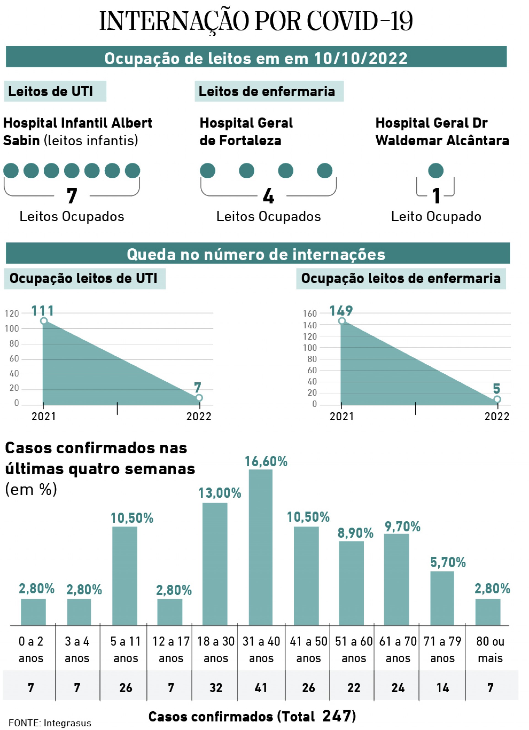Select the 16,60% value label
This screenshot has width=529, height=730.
(x=266, y=462)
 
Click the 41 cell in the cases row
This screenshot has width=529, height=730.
(x=261, y=688)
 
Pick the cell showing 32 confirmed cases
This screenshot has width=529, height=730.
(x=215, y=688)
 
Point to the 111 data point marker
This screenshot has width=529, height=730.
(x=44, y=321)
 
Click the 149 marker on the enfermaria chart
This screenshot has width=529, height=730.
(x=342, y=321)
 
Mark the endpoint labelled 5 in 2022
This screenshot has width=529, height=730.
(x=497, y=399)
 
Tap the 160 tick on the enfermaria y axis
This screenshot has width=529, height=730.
(x=310, y=314)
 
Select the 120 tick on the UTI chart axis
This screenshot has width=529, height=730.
(x=12, y=314)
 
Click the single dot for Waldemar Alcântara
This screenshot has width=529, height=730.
(x=436, y=170)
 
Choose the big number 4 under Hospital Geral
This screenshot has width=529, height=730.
(x=268, y=196)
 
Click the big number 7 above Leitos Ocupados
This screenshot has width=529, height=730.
(x=72, y=196)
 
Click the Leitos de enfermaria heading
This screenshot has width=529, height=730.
(x=267, y=91)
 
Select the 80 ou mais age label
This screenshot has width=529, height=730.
(x=490, y=650)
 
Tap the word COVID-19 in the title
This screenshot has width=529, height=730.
(x=360, y=21)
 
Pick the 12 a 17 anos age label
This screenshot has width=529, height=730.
(x=171, y=650)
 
